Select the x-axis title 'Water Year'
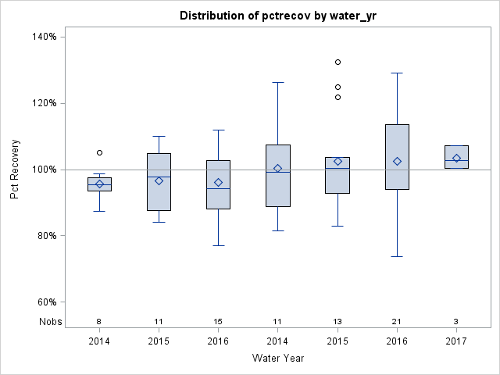(279, 358)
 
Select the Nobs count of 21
(397, 321)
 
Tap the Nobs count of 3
(456, 321)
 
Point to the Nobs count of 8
(99, 321)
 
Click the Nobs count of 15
(218, 321)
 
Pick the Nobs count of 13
(337, 321)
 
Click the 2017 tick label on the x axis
(456, 341)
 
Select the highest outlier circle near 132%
(337, 62)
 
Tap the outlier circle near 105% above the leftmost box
(99, 152)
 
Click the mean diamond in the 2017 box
(456, 158)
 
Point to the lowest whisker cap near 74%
(397, 256)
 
